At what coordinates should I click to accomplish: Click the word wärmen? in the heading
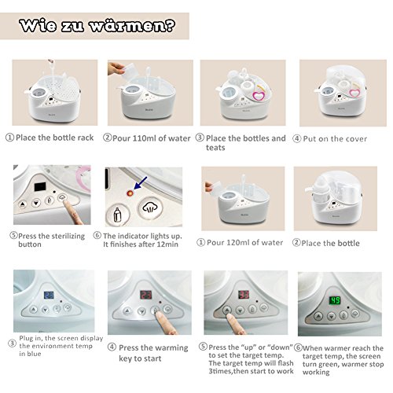coord(132,26)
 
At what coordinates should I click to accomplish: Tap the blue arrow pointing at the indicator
coord(140,183)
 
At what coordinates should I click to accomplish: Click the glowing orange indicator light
coord(130,193)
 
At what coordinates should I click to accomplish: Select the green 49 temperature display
coord(335,300)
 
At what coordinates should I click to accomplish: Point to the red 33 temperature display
coord(244,295)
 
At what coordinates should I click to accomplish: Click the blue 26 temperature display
coord(49,296)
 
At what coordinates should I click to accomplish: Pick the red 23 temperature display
coord(145,295)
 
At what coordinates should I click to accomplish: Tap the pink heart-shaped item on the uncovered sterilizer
coord(258,95)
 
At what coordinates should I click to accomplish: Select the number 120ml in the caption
coord(236,243)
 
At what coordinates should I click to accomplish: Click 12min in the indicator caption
coord(167,244)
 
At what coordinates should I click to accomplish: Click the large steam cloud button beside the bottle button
coord(150,208)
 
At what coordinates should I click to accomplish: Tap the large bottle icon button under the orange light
coord(117,215)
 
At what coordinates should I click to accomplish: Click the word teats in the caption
coord(215,148)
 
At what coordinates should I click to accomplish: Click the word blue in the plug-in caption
coord(34,354)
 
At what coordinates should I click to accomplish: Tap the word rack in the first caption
coord(85,138)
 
